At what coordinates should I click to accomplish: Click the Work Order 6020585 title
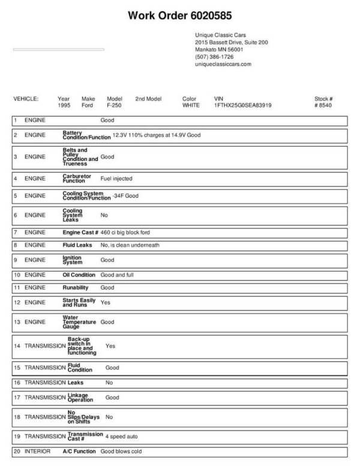(x=180, y=14)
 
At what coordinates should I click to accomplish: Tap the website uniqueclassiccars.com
(x=223, y=64)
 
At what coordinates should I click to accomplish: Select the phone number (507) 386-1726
(x=214, y=56)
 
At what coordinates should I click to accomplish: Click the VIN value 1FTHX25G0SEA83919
(x=242, y=104)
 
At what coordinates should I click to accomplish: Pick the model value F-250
(x=114, y=104)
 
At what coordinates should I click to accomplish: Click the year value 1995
(x=64, y=104)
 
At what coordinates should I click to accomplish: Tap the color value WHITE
(x=191, y=104)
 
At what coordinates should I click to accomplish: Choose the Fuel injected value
(x=116, y=178)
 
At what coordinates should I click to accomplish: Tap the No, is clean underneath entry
(x=130, y=245)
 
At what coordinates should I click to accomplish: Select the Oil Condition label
(x=79, y=274)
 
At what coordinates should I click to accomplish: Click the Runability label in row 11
(x=76, y=288)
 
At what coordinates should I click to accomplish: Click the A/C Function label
(x=79, y=451)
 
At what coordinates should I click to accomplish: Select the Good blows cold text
(x=122, y=451)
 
